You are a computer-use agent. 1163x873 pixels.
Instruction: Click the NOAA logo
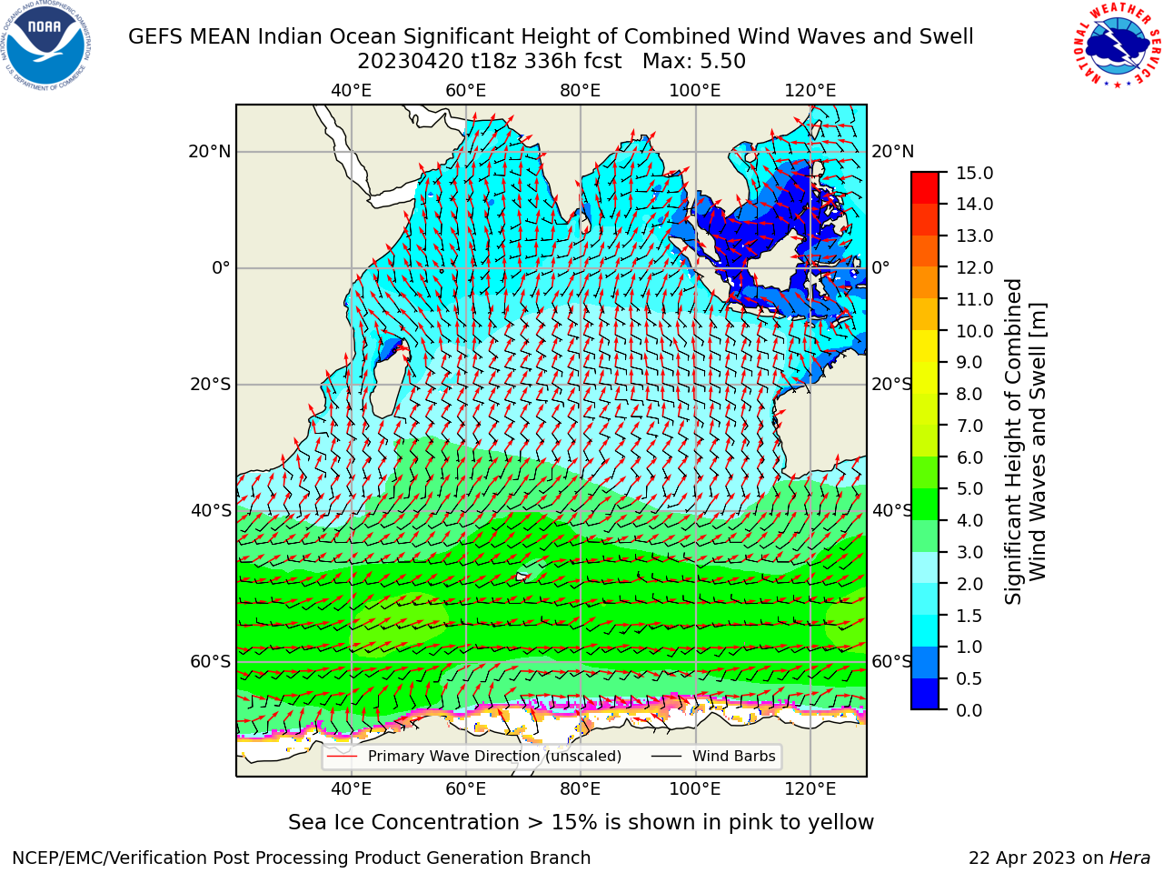click(x=46, y=46)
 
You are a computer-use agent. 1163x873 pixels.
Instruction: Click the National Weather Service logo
click(x=1117, y=45)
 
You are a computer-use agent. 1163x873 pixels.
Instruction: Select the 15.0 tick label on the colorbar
click(x=974, y=173)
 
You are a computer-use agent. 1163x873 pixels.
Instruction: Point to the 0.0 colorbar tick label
click(x=969, y=709)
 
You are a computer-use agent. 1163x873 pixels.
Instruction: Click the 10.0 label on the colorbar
click(x=974, y=331)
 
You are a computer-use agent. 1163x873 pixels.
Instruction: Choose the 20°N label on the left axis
click(x=210, y=152)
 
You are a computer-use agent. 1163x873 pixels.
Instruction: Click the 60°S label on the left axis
click(x=211, y=661)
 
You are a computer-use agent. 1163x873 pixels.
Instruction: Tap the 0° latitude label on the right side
click(x=880, y=267)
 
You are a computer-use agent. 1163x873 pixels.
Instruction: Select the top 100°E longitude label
click(x=695, y=91)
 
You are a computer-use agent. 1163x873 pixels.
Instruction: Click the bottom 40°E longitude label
click(x=351, y=788)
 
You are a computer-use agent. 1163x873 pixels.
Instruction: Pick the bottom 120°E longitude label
click(x=810, y=788)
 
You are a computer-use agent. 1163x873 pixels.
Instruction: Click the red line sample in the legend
click(x=343, y=756)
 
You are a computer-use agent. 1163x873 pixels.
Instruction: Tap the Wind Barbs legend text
click(x=734, y=756)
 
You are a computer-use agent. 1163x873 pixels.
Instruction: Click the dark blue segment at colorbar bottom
click(x=925, y=694)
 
